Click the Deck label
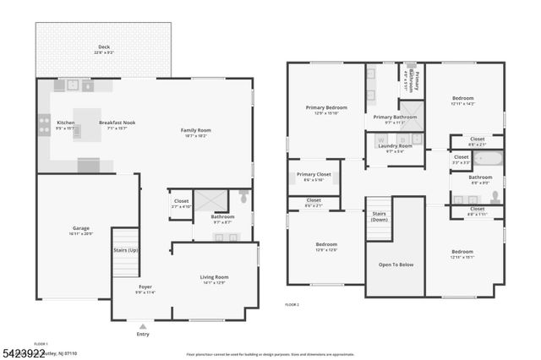(104, 47)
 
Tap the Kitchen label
(66, 123)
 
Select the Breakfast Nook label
(117, 123)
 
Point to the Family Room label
(195, 130)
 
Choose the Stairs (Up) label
(126, 250)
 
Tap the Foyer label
(145, 286)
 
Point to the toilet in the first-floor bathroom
(243, 198)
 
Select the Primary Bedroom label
(325, 107)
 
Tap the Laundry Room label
(395, 145)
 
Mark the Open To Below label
(396, 265)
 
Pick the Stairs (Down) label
(378, 216)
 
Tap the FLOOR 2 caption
(292, 303)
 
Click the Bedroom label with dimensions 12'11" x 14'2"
(462, 99)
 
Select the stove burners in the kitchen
(44, 126)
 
